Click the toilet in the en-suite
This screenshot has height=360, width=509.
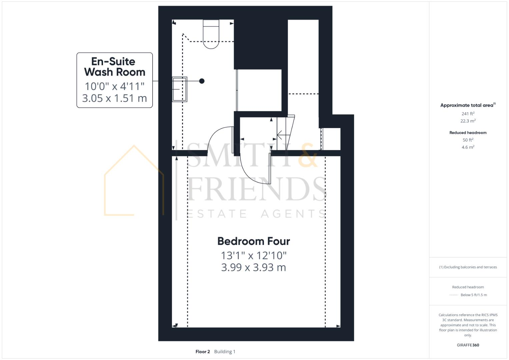tap(211, 35)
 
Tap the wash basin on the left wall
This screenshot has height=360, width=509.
tap(179, 89)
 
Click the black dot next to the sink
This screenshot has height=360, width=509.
tap(202, 81)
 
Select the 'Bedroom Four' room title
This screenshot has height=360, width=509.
tap(254, 241)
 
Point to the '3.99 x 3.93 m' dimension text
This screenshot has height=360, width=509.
tap(254, 267)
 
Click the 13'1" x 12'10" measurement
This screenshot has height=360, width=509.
tap(254, 255)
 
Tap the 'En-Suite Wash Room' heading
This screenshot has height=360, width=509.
tap(114, 67)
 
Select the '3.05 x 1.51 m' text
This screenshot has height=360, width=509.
tap(114, 98)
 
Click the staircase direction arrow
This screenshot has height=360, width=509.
tap(282, 135)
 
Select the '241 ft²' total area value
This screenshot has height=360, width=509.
tap(468, 114)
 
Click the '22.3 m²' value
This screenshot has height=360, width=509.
tap(468, 121)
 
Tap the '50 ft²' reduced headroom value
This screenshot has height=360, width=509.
tap(468, 140)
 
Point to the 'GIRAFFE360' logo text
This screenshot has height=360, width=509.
tap(468, 345)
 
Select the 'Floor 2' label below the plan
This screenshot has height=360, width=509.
tap(203, 352)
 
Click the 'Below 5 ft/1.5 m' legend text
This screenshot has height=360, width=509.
tap(474, 295)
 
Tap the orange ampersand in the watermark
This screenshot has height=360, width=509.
tap(307, 156)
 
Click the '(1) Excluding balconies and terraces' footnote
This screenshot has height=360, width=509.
tap(468, 267)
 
